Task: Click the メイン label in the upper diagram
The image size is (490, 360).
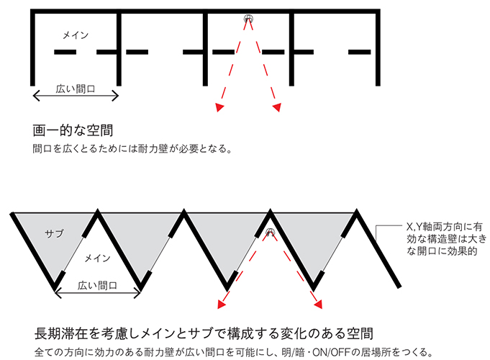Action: pyautogui.click(x=76, y=34)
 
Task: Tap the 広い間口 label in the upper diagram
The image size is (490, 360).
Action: pyautogui.click(x=76, y=91)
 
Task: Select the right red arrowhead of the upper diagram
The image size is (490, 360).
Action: pyautogui.click(x=277, y=108)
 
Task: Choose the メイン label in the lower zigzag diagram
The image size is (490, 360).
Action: pyautogui.click(x=97, y=257)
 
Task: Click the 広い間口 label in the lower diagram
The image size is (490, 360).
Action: pyautogui.click(x=97, y=286)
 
